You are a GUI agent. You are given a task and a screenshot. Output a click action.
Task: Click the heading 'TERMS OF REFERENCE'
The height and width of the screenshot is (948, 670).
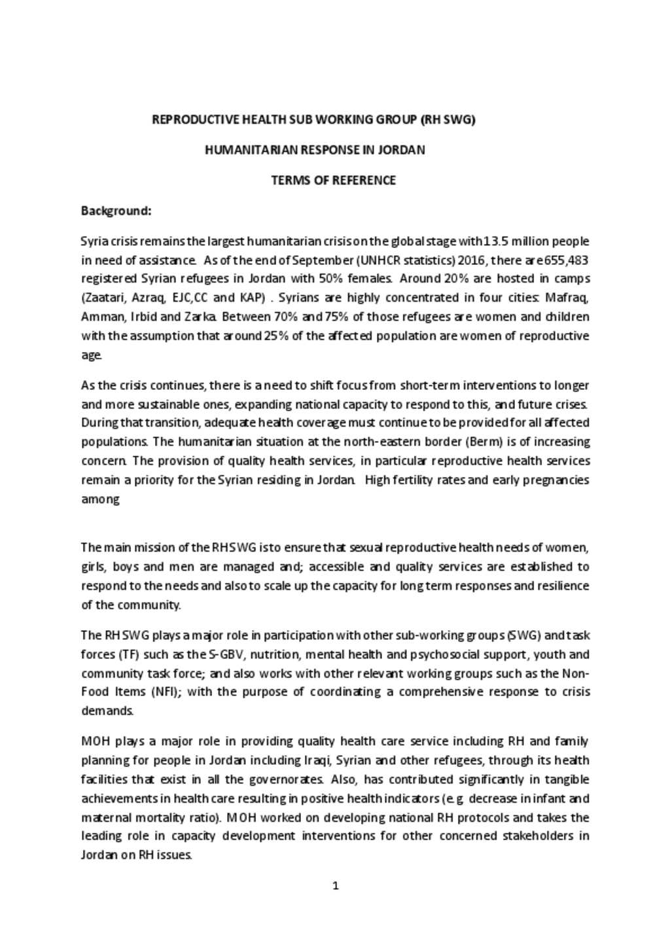click(333, 180)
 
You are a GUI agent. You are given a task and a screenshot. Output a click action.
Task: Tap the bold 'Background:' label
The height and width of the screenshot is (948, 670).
click(116, 211)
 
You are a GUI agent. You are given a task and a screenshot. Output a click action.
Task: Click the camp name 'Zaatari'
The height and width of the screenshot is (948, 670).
click(104, 298)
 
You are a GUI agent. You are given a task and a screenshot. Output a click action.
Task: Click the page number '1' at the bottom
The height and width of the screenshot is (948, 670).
click(336, 887)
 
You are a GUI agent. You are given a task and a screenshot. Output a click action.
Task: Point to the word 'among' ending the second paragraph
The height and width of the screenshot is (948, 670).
click(100, 499)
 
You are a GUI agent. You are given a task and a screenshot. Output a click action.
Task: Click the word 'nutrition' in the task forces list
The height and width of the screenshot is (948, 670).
click(275, 654)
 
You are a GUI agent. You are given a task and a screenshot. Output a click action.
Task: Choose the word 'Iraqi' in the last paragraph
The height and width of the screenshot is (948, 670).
click(317, 760)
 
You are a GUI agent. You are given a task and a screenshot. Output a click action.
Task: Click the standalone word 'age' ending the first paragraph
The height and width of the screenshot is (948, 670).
click(91, 355)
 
